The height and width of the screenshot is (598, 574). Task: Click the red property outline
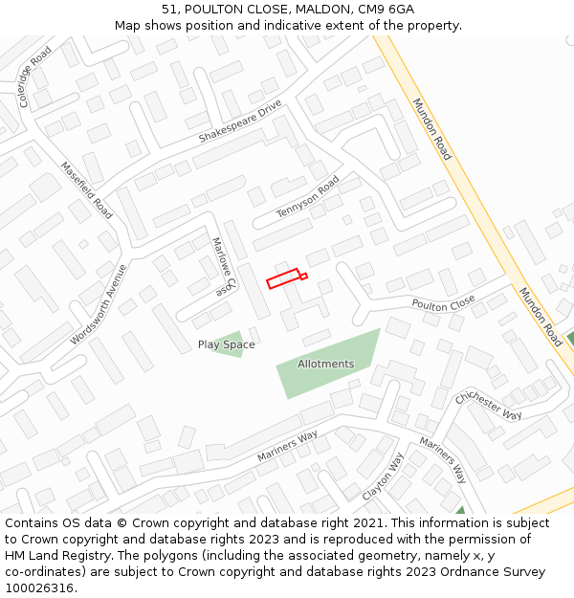[x=284, y=278]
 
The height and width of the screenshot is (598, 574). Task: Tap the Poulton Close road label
[x=443, y=303]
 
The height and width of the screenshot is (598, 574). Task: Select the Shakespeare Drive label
[x=240, y=122]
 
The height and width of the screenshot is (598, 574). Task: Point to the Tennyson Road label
[x=308, y=197]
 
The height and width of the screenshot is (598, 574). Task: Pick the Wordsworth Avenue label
[x=99, y=305]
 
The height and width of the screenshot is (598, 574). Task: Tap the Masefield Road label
[x=86, y=189]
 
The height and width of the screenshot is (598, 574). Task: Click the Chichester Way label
[x=488, y=405]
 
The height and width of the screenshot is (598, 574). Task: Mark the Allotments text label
[x=325, y=364]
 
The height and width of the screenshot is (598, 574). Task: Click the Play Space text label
[x=226, y=344]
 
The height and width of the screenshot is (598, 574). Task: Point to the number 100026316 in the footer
[x=37, y=587]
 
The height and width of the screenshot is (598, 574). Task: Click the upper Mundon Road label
[x=431, y=128]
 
